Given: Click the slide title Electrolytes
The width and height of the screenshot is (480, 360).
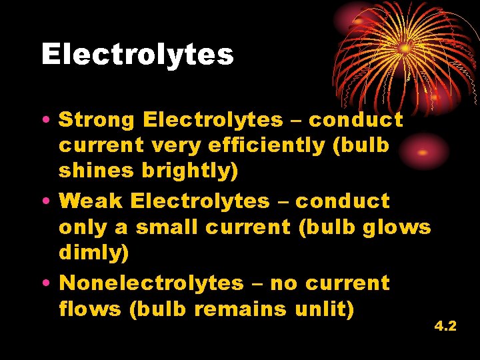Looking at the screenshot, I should point(137,54).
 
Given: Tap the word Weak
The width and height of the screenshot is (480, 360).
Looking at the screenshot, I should point(93,201).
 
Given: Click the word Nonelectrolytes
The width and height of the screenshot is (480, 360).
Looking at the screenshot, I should point(151,283).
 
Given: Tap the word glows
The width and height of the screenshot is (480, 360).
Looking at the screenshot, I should point(397,227).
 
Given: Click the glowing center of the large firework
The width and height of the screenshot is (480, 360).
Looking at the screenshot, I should point(405,49).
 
